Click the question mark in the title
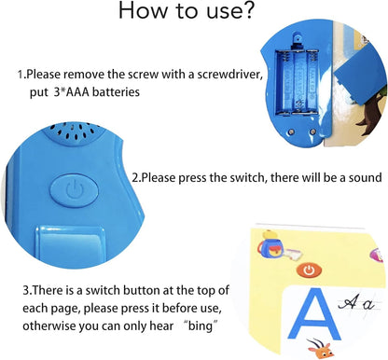coord(244,10)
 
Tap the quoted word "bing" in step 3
coord(200,326)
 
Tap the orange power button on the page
coord(309,270)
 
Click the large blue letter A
coord(314,314)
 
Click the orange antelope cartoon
coord(320,349)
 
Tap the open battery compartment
coord(297,82)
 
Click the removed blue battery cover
coord(361,75)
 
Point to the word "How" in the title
coord(143,10)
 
